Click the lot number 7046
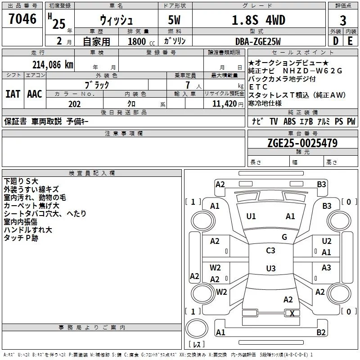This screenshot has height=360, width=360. [22, 19]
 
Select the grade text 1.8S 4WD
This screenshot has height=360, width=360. [258, 20]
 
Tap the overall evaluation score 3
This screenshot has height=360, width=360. [343, 21]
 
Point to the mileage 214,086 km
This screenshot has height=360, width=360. [52, 64]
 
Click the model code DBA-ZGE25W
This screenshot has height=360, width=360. [258, 41]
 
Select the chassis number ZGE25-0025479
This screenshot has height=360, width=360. [302, 143]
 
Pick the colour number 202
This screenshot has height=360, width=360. [75, 104]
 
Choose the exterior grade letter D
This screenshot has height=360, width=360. [335, 41]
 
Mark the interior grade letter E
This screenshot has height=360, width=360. [351, 41]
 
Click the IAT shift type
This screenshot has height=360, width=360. [13, 94]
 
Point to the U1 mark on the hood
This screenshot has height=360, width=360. [251, 216]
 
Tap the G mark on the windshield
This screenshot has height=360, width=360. [284, 237]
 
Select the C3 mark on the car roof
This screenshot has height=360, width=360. [270, 251]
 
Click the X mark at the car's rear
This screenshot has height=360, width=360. [292, 314]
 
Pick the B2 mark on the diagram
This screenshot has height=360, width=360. [321, 333]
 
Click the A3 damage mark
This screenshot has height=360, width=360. [326, 268]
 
